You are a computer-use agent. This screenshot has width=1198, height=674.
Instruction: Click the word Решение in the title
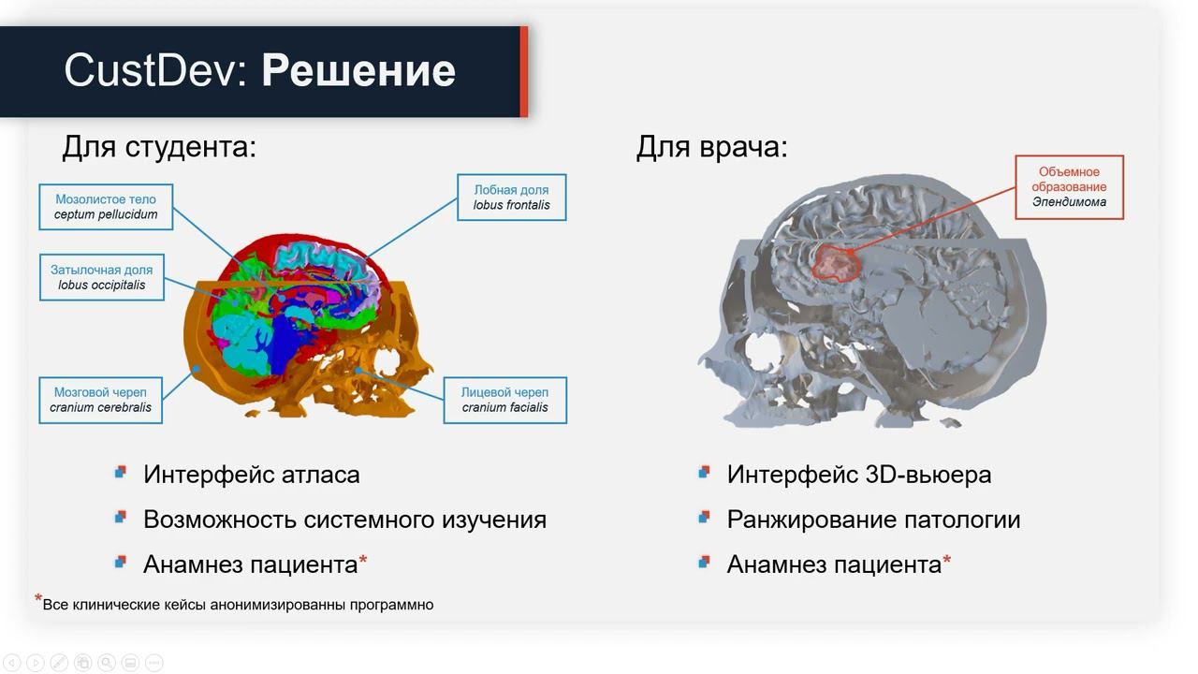(x=358, y=71)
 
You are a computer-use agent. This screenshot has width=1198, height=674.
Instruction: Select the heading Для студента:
(x=158, y=147)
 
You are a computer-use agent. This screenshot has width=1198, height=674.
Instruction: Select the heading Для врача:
(x=711, y=147)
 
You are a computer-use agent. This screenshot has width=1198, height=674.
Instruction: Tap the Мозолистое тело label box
(x=106, y=207)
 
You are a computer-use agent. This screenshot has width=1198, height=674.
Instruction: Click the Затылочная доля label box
(x=101, y=277)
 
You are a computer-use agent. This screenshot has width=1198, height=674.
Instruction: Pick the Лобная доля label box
(x=511, y=198)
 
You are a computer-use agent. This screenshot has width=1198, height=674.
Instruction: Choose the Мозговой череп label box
(x=100, y=400)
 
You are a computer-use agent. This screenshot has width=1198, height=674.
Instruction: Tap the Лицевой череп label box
(x=504, y=400)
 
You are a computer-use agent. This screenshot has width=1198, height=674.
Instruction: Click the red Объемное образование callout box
(x=1069, y=187)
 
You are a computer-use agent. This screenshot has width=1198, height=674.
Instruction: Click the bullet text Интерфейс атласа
(x=251, y=475)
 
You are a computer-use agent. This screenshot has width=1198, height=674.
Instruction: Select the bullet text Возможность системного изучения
(x=344, y=520)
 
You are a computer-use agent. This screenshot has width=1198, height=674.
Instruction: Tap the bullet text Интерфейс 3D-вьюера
(x=858, y=475)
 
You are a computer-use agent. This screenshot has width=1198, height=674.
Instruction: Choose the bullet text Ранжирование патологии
(x=873, y=520)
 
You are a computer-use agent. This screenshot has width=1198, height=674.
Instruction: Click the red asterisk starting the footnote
(x=38, y=599)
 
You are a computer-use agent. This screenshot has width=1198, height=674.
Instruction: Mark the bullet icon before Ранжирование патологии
(x=704, y=517)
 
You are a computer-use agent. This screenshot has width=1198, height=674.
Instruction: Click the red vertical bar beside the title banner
(x=524, y=71)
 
